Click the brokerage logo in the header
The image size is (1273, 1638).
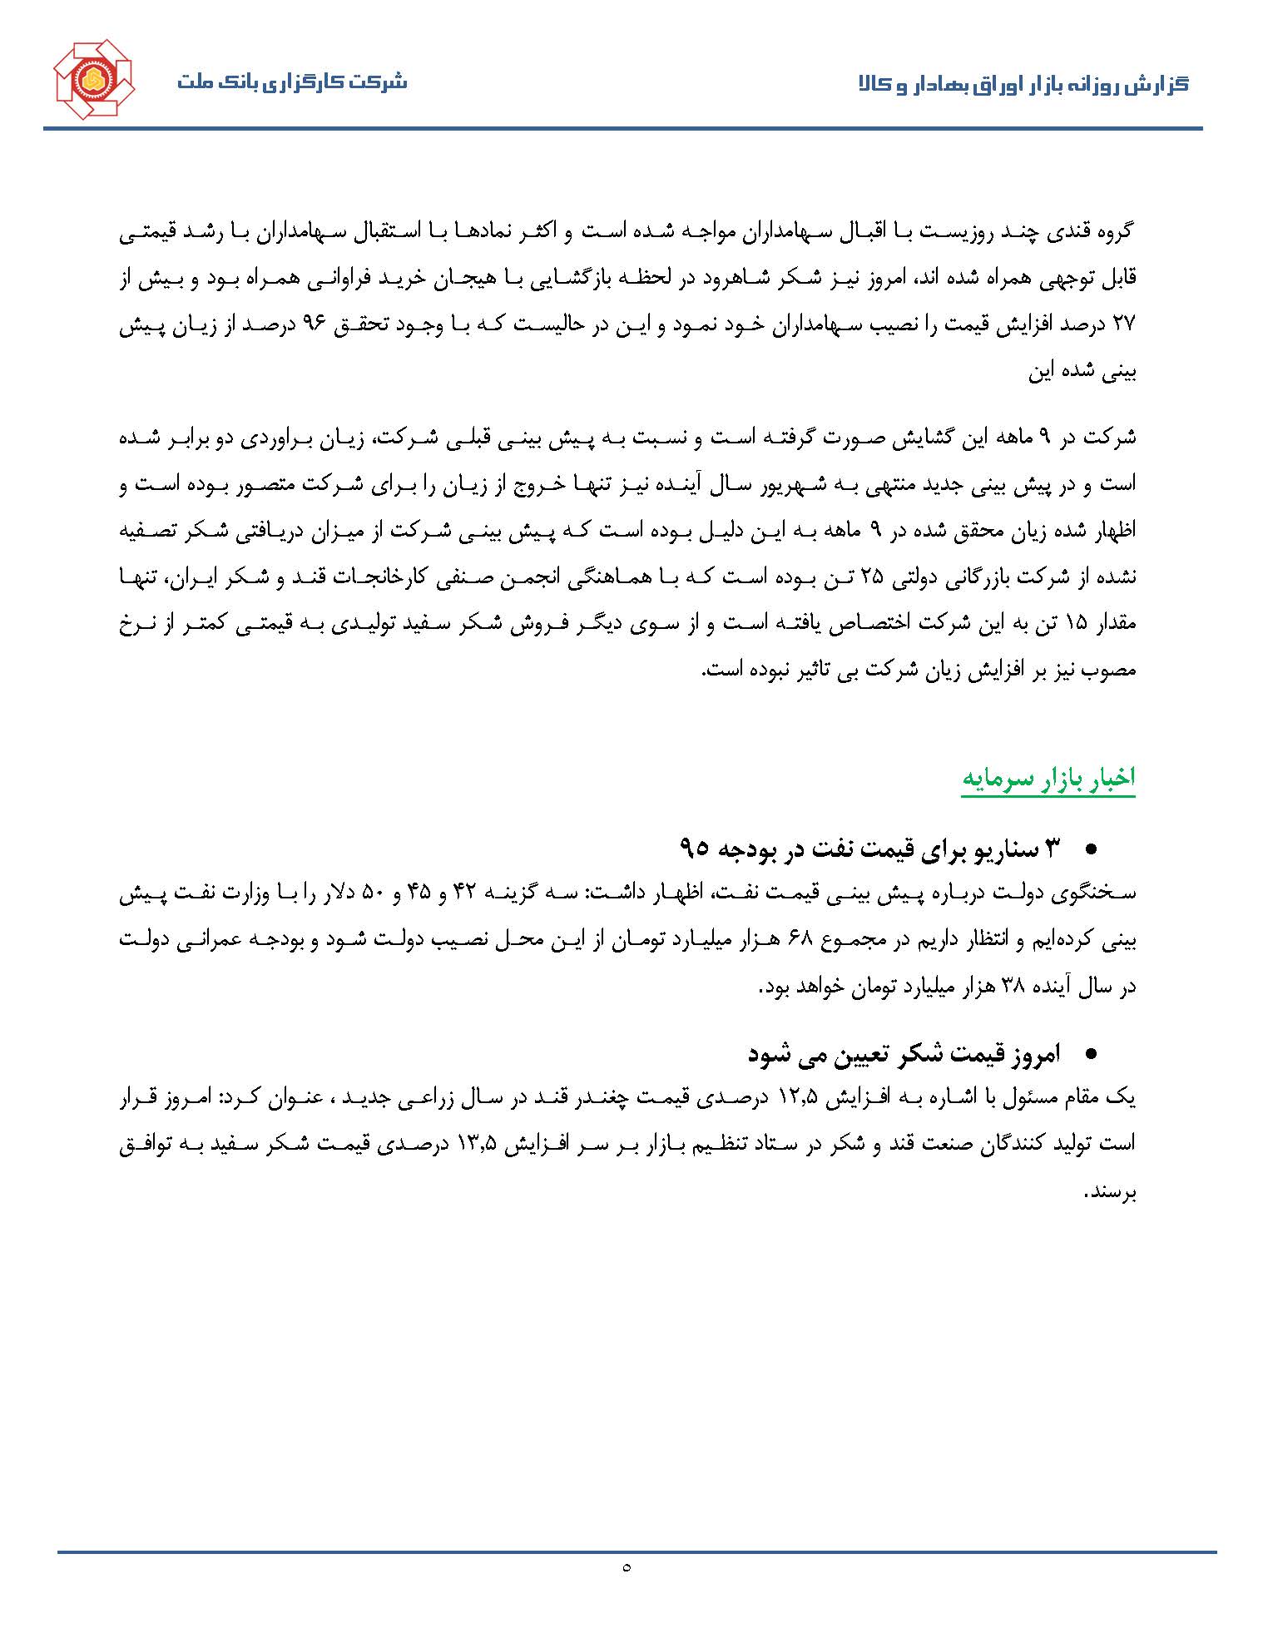tap(94, 81)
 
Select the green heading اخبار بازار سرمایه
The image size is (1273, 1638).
tap(1048, 778)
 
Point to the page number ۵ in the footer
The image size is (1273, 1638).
tap(626, 1567)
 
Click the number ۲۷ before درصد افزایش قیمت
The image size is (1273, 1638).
tap(1123, 325)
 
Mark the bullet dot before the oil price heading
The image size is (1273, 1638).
tap(1092, 849)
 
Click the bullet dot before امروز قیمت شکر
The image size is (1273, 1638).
tap(1092, 1055)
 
